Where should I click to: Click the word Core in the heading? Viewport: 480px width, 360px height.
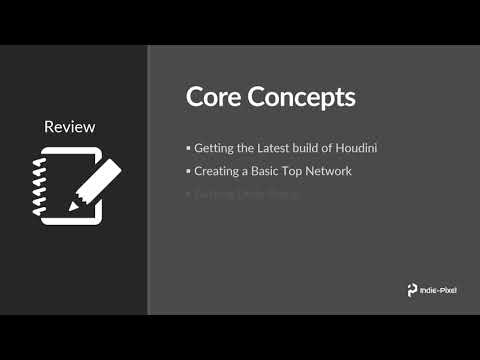tap(211, 98)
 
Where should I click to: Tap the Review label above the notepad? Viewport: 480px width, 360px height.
tap(70, 127)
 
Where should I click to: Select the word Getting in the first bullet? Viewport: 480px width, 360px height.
tap(213, 149)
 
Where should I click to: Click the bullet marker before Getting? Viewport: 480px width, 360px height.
tap(188, 149)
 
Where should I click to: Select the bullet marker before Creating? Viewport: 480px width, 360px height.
tap(188, 171)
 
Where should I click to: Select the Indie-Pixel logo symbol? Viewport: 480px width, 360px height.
tap(412, 290)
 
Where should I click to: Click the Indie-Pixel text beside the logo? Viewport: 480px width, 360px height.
tap(440, 291)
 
